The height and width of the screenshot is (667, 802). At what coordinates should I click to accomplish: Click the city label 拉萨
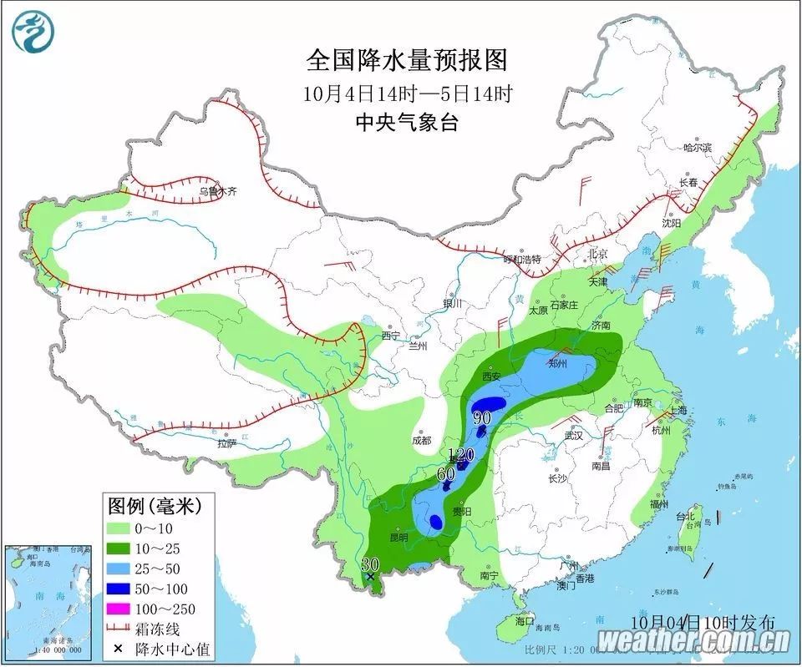click(x=226, y=444)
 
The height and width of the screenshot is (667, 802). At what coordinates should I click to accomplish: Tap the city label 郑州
click(x=557, y=363)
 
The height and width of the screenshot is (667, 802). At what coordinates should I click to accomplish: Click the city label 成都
click(x=421, y=440)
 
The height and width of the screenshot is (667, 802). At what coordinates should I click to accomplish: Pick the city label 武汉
click(x=572, y=436)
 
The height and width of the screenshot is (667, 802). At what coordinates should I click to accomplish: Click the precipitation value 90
click(x=482, y=417)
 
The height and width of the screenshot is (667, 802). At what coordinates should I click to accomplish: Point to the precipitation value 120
click(x=461, y=455)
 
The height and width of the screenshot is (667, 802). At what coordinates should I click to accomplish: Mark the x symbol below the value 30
click(x=370, y=576)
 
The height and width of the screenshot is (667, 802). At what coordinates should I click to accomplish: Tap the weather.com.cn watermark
click(x=694, y=641)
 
